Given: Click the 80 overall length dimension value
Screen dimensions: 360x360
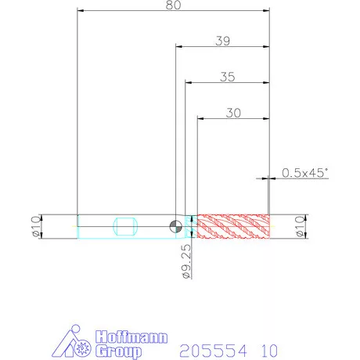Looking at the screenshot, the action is (173, 5).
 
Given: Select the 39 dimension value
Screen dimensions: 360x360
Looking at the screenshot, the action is (223, 41).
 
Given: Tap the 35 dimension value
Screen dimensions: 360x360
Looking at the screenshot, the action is (228, 77).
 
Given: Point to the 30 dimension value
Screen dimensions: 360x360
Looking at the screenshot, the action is (233, 113).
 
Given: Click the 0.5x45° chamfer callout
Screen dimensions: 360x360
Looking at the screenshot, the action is (305, 173).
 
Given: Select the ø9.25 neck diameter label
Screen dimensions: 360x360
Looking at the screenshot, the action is (187, 261).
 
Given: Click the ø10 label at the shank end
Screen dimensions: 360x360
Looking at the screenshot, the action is (36, 226).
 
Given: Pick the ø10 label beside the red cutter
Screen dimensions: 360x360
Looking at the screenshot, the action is (300, 226).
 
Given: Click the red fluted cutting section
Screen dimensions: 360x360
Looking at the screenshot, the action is (233, 226).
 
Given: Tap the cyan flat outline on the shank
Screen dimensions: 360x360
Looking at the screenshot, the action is (125, 226).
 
